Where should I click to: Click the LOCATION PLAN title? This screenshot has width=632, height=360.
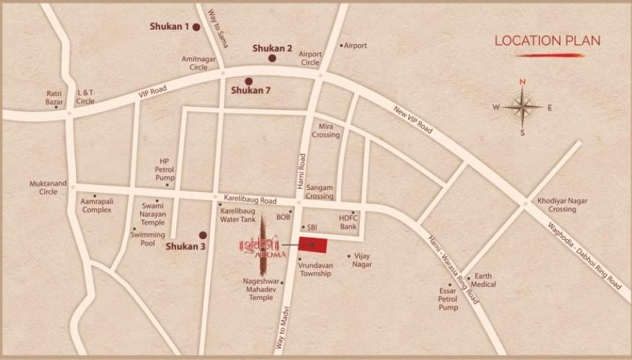(x=547, y=40)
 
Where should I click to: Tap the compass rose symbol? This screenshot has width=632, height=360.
(x=522, y=106)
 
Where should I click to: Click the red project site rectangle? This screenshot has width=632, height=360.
(x=313, y=245)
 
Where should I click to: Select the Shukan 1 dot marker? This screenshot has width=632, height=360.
(x=196, y=27)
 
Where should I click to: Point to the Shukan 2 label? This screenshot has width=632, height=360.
(x=272, y=48)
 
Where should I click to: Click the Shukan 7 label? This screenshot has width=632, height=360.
(x=250, y=90)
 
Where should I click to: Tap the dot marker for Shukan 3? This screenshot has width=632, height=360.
(x=203, y=234)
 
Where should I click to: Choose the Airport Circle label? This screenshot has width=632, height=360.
(x=310, y=58)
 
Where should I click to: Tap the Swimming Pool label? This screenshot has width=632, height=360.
(x=143, y=239)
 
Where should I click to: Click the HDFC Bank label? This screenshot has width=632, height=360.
(x=347, y=222)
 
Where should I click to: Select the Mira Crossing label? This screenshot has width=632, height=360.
(x=327, y=130)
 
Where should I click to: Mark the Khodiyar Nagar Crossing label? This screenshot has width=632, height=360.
(x=557, y=205)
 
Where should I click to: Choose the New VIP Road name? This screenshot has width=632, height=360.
(x=413, y=120)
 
